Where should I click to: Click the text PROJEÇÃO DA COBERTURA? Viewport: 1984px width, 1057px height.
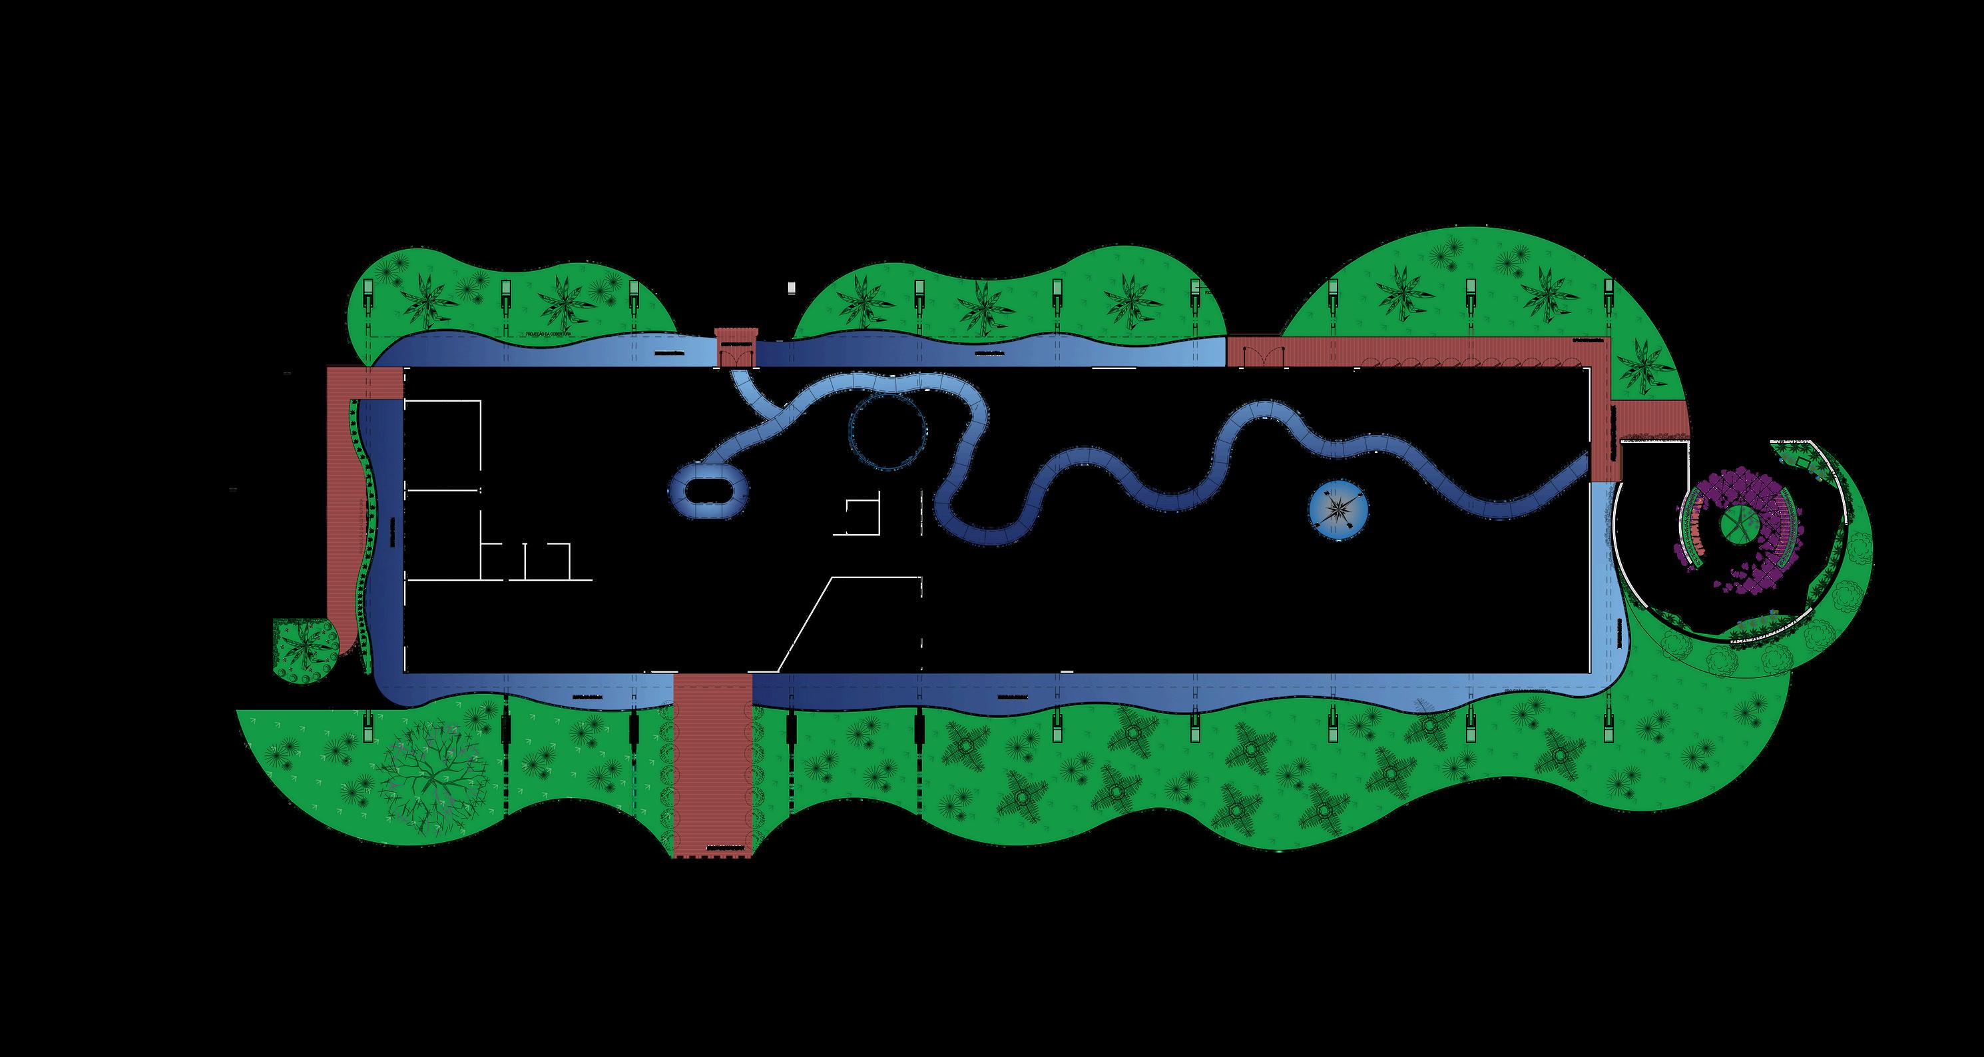pyautogui.click(x=548, y=335)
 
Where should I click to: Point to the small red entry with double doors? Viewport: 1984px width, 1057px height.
pyautogui.click(x=736, y=348)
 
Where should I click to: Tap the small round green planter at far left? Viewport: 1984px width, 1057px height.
pyautogui.click(x=306, y=650)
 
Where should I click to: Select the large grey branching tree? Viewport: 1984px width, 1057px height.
pyautogui.click(x=433, y=771)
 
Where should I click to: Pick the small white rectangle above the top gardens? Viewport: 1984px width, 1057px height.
pyautogui.click(x=791, y=288)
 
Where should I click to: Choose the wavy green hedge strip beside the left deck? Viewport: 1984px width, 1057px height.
pyautogui.click(x=364, y=531)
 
